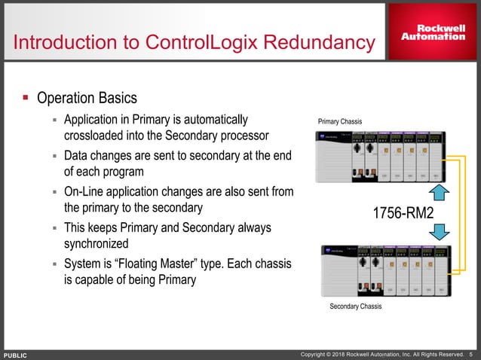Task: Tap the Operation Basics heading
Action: tap(87, 99)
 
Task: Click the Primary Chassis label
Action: tap(341, 121)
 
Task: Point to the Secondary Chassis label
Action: tap(355, 307)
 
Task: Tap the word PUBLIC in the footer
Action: tap(16, 354)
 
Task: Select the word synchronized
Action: tap(97, 244)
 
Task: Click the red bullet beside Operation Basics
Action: tap(24, 98)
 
